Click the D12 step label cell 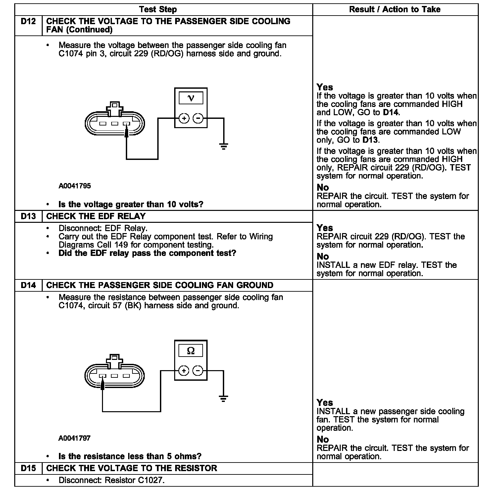tap(28, 22)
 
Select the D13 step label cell tap(28, 216)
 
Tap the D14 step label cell tap(28, 285)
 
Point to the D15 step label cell tap(28, 468)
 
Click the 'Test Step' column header tap(158, 10)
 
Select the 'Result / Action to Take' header tap(395, 10)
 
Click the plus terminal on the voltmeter tap(184, 118)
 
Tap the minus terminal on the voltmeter tap(198, 118)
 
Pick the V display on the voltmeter tap(191, 98)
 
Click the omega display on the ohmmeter tap(191, 351)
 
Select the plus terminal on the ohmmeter tap(184, 370)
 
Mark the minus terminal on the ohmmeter tap(198, 370)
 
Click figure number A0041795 tap(75, 186)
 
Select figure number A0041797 tap(75, 438)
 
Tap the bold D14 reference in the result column tap(391, 113)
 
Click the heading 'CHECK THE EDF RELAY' tap(96, 216)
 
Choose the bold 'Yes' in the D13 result tap(324, 228)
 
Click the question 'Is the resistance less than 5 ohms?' tap(130, 456)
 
